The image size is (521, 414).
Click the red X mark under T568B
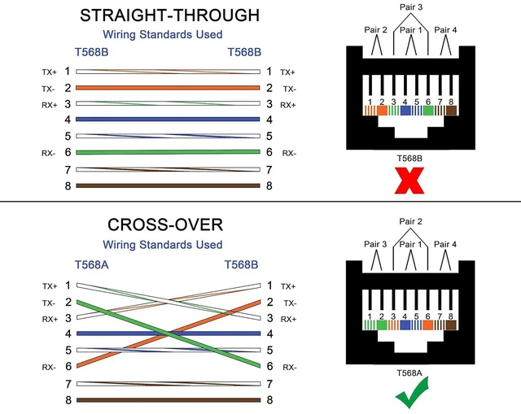point(409,181)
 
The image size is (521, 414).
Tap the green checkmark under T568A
point(411,394)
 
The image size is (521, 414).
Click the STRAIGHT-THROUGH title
point(170,15)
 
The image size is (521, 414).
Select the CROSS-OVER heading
point(165,224)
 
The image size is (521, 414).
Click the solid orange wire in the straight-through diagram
point(168,88)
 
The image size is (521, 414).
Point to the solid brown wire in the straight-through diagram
point(168,185)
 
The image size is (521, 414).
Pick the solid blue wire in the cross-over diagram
point(169,333)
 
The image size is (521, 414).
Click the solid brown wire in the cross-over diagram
point(169,400)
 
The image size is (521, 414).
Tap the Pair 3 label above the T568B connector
point(411,7)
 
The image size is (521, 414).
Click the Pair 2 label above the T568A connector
point(410,221)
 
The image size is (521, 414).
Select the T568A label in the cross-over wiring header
point(91,265)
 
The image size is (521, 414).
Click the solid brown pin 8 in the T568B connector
point(451,111)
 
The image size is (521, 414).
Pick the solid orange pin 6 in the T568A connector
point(427,325)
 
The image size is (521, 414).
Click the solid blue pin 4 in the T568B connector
point(405,111)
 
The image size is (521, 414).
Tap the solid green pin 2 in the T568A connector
point(382,325)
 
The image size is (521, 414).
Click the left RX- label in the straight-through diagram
point(49,153)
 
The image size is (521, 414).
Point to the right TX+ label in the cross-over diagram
point(288,286)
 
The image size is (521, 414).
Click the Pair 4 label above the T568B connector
point(445,30)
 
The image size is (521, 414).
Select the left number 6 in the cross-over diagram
point(68,366)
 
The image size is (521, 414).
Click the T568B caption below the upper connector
point(409,159)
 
